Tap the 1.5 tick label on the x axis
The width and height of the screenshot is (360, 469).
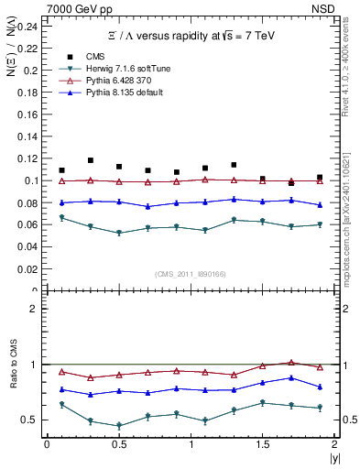(x=263, y=444)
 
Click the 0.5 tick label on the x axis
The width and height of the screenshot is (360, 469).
(x=119, y=444)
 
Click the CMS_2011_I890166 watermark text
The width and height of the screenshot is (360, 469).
(x=191, y=274)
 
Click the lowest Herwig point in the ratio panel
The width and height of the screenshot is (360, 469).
(x=119, y=426)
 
